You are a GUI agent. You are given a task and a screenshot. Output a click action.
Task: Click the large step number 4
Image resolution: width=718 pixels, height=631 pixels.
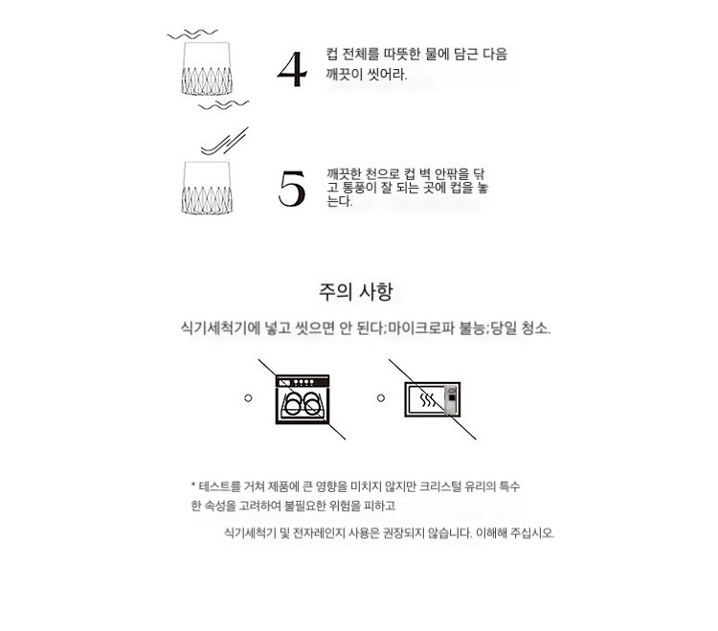292,69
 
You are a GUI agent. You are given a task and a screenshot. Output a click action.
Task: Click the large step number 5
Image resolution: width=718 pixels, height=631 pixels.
292,188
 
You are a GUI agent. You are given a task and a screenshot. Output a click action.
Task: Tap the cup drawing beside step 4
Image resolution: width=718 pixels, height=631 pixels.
207,69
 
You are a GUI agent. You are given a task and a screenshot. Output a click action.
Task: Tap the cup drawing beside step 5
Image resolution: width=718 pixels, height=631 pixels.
207,188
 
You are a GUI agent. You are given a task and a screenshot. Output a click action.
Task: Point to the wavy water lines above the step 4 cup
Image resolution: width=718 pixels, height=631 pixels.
192,34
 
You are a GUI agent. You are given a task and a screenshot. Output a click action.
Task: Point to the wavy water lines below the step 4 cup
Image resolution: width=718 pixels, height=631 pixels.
224,105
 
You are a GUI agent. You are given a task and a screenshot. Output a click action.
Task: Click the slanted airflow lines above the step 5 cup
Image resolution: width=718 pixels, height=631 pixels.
225,141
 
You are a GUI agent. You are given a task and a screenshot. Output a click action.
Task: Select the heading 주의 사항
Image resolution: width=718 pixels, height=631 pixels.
356,291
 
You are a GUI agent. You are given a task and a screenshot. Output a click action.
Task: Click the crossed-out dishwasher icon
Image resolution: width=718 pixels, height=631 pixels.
303,399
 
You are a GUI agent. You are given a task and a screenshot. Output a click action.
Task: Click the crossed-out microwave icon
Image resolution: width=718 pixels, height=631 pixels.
433,399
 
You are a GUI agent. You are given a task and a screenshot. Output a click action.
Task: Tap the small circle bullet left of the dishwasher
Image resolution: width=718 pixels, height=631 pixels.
248,398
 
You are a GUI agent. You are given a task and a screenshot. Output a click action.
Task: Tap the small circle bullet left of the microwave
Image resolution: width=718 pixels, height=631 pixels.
381,398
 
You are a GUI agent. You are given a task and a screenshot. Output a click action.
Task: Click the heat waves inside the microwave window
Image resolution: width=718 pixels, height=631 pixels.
428,400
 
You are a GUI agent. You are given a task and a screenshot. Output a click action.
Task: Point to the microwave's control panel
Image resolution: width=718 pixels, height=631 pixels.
452,399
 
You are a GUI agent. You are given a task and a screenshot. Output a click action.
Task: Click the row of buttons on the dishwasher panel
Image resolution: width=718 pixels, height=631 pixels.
304,382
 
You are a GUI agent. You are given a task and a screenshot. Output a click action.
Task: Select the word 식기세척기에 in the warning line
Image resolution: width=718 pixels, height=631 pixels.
221,328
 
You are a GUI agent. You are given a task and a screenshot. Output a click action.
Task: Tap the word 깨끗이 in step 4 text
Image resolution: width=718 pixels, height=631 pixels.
345,74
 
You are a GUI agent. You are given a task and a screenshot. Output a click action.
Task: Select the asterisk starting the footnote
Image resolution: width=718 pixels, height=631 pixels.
193,484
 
